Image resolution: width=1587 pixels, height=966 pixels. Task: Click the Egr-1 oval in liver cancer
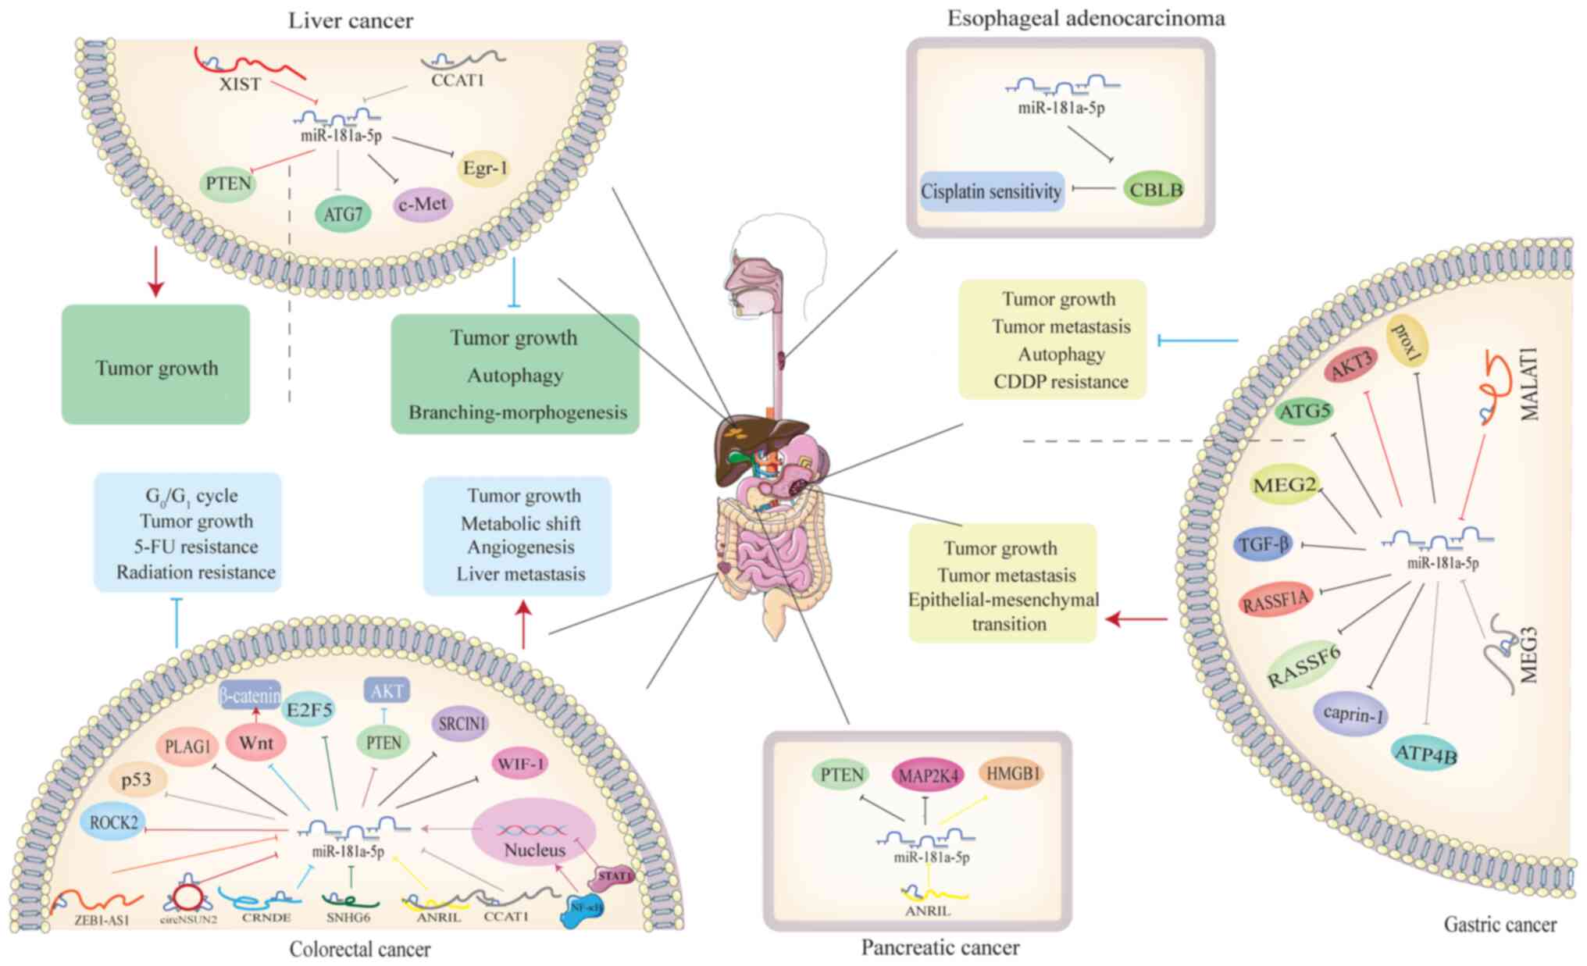tap(484, 168)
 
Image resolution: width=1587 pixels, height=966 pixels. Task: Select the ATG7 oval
tap(343, 214)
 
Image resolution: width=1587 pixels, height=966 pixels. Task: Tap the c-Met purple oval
tap(423, 205)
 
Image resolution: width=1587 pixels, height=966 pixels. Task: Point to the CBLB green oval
tap(1156, 190)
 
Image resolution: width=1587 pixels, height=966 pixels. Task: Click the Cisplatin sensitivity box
tap(991, 191)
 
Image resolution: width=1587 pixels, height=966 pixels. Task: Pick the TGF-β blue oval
tap(1263, 544)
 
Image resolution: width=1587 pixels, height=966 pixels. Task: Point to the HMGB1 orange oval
tap(1013, 773)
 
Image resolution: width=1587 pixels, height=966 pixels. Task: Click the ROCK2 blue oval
tap(113, 822)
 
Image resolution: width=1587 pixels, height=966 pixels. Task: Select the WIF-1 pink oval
tap(519, 763)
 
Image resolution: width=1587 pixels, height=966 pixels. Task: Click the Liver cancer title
tap(351, 20)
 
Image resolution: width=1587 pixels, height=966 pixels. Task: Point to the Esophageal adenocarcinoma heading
tap(1086, 18)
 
